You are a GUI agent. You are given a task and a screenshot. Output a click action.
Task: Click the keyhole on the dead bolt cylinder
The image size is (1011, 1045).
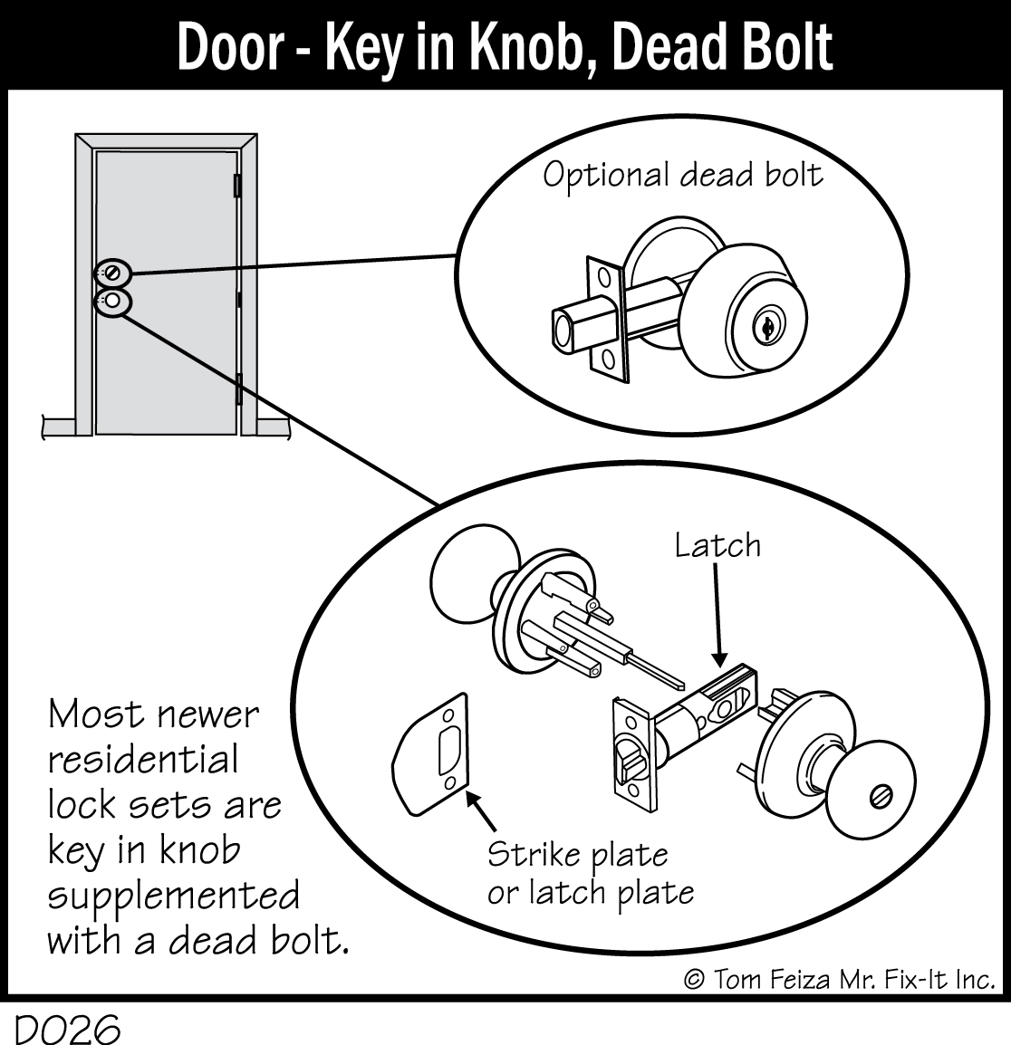pyautogui.click(x=765, y=327)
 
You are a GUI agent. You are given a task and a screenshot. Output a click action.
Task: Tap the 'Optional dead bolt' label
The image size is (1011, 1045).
pyautogui.click(x=683, y=175)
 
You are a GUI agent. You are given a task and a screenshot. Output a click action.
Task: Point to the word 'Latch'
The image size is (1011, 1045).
pyautogui.click(x=717, y=545)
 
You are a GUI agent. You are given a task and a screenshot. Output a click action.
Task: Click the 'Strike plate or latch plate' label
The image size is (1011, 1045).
pyautogui.click(x=590, y=873)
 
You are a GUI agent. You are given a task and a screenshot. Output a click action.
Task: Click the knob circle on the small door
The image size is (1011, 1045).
pyautogui.click(x=112, y=302)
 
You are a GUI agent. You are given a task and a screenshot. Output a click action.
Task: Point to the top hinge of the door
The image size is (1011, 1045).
pyautogui.click(x=238, y=185)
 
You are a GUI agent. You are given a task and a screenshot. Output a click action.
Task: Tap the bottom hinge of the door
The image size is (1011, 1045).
pyautogui.click(x=239, y=389)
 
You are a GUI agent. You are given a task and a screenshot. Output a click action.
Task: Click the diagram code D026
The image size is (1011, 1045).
pyautogui.click(x=67, y=1030)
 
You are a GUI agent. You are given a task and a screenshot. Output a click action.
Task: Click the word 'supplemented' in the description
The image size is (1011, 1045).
pyautogui.click(x=173, y=896)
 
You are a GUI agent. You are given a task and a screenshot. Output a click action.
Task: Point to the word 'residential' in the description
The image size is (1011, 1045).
pyautogui.click(x=143, y=759)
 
